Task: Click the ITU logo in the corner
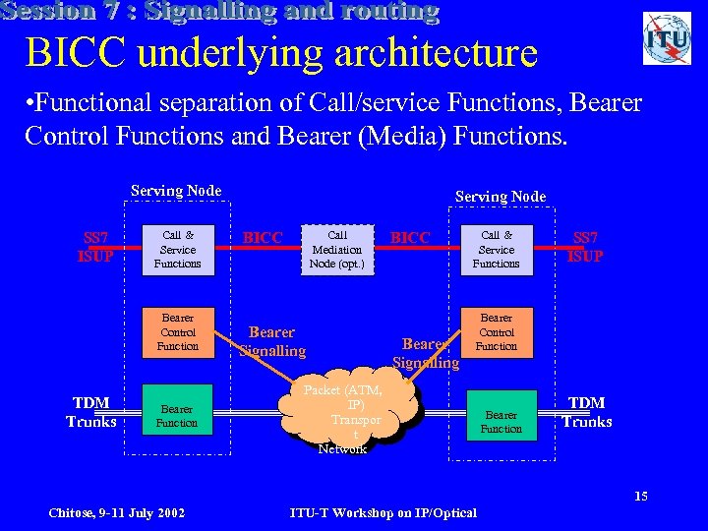coord(667,38)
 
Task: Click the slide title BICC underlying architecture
coord(281,53)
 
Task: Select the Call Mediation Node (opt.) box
coord(337,250)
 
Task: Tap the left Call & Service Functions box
coord(178,250)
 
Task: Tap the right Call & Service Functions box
coord(497,250)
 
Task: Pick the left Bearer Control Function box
coord(178,332)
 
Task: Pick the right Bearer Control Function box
coord(497,332)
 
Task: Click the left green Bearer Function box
coord(178,416)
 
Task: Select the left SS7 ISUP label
coord(96,247)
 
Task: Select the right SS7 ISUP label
coord(586,247)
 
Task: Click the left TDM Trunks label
coord(91,412)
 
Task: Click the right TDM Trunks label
coord(587,412)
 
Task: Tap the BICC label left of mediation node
coord(263,238)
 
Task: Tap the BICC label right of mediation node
coord(410,238)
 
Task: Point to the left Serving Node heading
coord(176,191)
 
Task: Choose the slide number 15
coord(640,496)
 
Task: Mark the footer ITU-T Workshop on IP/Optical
coord(383,512)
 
